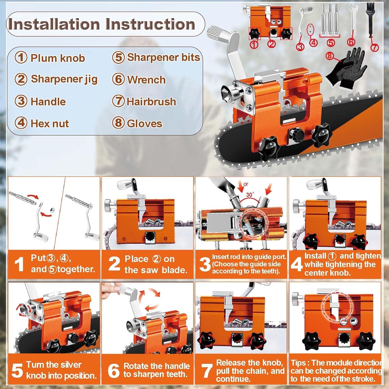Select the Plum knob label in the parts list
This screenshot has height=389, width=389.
coord(58,58)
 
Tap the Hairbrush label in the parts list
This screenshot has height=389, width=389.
coord(151,101)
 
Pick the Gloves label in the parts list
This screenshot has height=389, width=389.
coord(144,123)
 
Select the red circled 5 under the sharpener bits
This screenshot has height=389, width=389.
coord(331,43)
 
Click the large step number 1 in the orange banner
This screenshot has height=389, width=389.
coord(19,265)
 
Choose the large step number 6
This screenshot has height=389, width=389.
coord(114,371)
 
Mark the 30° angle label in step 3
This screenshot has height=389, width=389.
coord(250,195)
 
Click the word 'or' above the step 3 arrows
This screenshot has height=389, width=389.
coord(246,184)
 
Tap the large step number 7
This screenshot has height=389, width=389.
coord(207,371)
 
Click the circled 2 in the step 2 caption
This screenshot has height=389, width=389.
coord(156,259)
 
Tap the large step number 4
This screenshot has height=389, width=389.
coord(296,265)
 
